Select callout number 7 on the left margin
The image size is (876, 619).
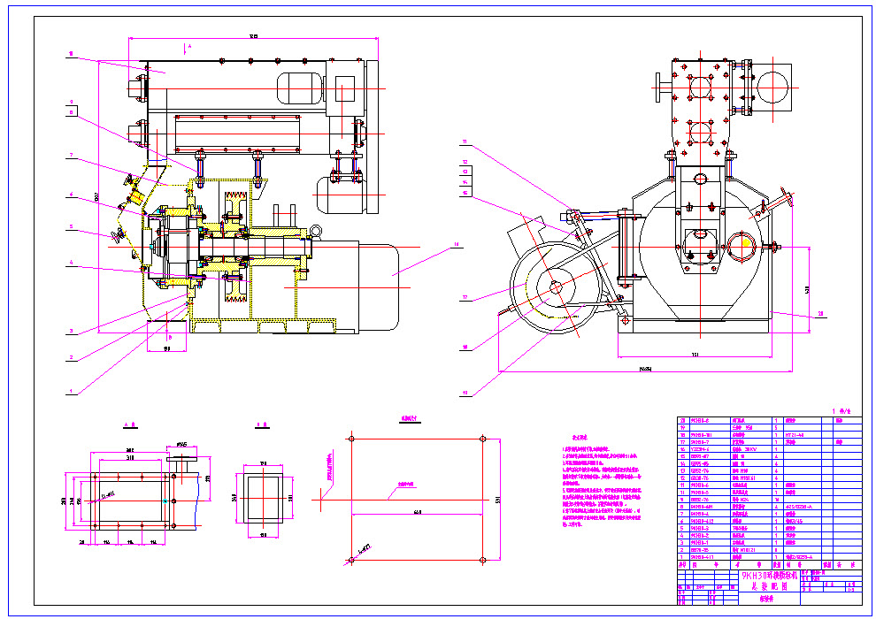70,156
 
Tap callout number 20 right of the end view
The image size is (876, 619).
821,313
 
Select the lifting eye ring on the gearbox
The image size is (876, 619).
312,232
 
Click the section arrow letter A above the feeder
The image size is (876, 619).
190,44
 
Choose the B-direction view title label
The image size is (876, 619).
260,425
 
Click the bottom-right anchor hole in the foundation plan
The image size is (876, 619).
482,560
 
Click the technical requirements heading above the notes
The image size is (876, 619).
580,437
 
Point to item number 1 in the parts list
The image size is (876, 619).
681,557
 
